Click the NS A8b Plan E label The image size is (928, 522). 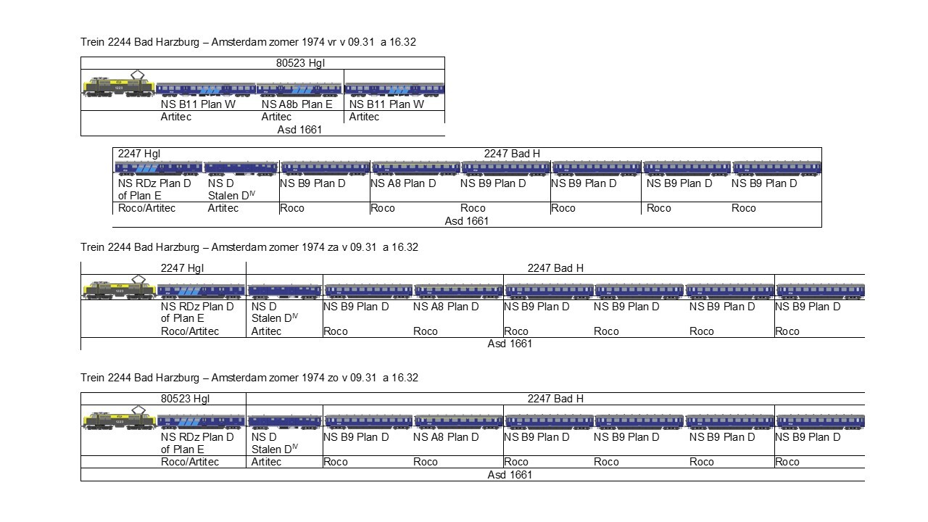[x=297, y=104]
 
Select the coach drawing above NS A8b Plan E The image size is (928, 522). [x=299, y=89]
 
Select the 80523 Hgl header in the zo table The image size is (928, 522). [x=185, y=398]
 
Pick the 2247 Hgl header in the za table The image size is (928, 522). [x=182, y=268]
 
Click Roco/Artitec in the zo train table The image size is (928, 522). [x=190, y=462]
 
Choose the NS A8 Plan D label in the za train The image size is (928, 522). [x=446, y=307]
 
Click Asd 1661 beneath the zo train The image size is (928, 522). [x=510, y=475]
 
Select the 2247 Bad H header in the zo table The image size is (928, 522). [x=555, y=398]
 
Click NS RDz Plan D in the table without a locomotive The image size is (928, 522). [x=154, y=183]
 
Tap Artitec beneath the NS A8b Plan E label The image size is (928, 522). [x=276, y=117]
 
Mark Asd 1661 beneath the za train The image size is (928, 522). [x=510, y=344]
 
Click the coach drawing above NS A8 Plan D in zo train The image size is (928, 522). [x=458, y=420]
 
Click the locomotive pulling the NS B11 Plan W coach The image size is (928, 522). [x=118, y=87]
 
